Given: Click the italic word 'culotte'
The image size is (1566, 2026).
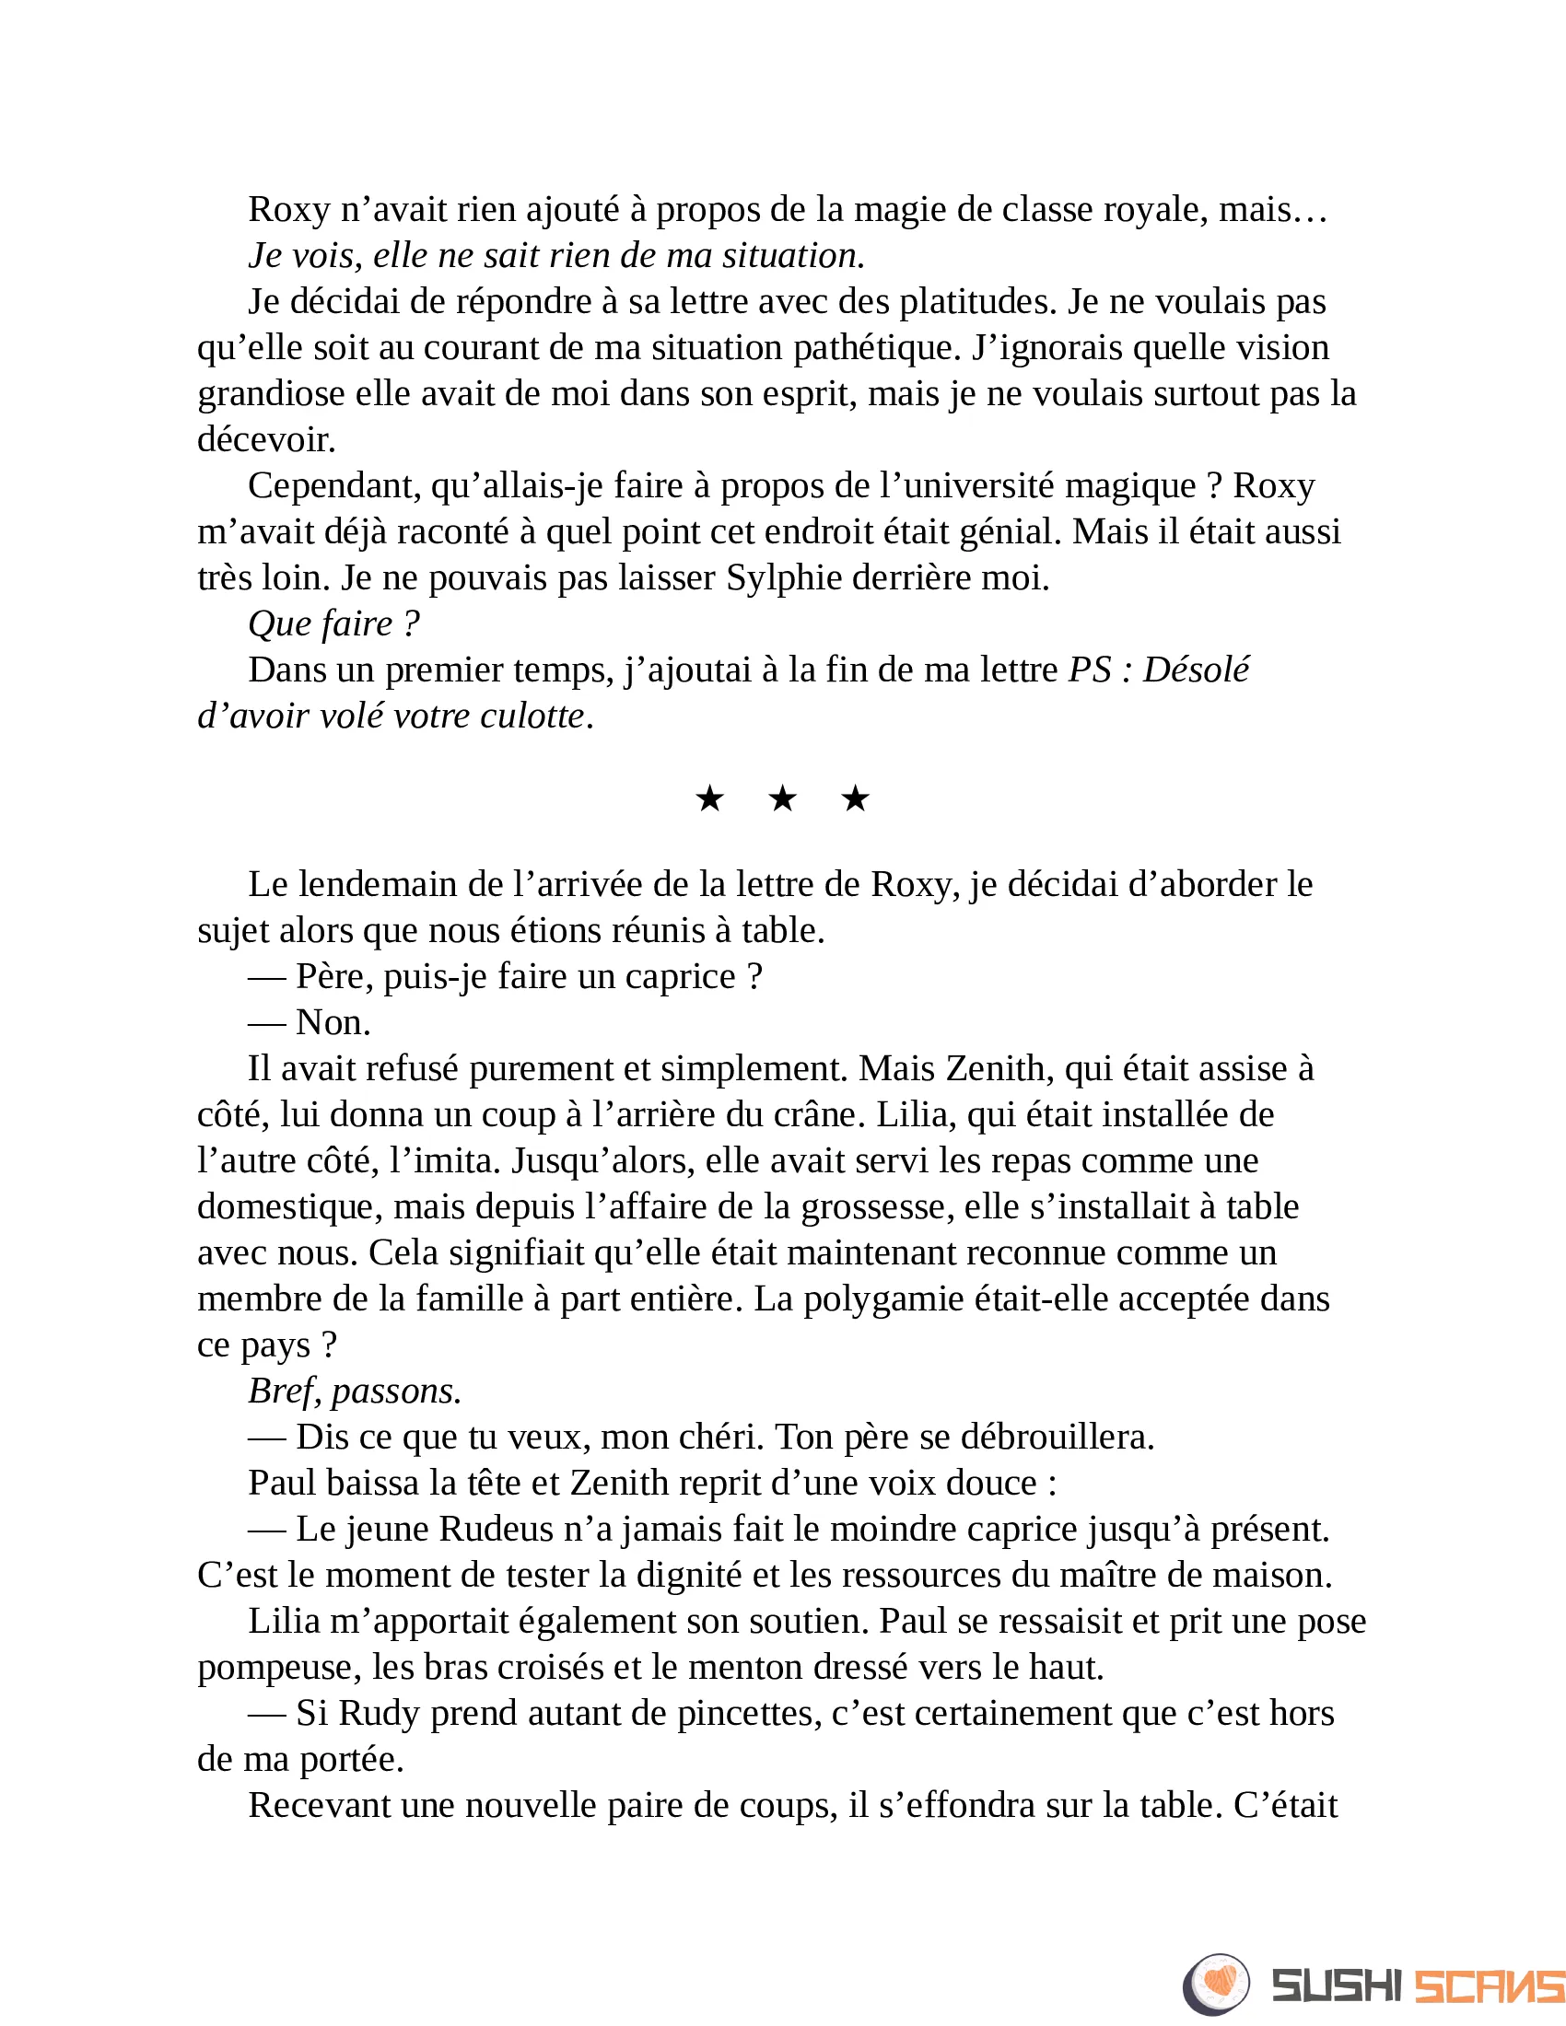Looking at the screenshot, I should tap(532, 716).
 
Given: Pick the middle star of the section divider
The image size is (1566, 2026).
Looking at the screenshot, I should tap(782, 798).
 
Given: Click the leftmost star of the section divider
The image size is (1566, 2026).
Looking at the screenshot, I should tap(709, 798).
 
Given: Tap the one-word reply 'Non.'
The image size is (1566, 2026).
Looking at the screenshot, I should tap(333, 1022).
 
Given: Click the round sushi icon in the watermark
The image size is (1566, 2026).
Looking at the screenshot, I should tap(1215, 1981).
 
